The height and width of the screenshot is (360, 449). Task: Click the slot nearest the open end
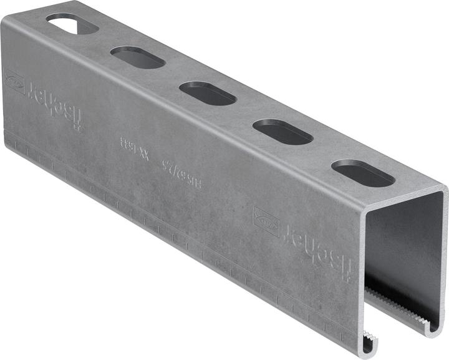(363, 173)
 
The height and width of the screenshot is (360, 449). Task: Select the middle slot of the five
(208, 93)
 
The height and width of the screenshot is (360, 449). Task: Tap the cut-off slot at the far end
(72, 24)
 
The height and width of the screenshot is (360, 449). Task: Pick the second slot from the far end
(138, 57)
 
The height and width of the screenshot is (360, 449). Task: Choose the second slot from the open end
(282, 132)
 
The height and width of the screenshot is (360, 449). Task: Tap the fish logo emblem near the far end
(15, 82)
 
